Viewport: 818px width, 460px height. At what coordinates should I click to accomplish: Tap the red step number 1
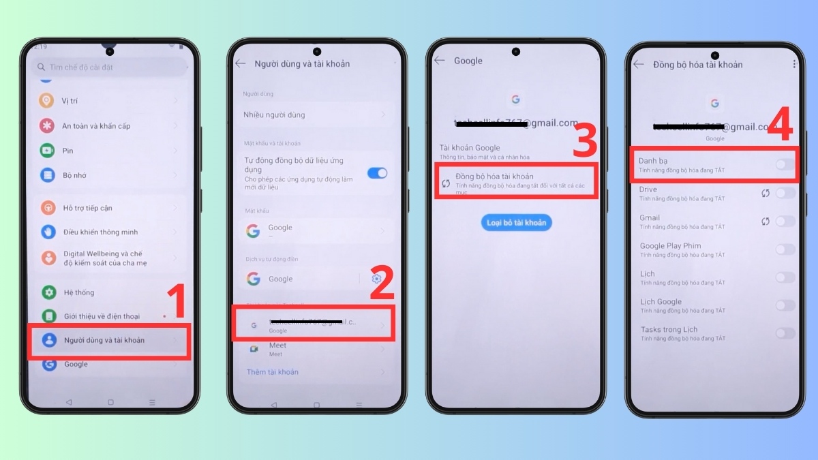pyautogui.click(x=176, y=303)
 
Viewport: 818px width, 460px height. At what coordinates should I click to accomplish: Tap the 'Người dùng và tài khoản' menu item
pyautogui.click(x=104, y=340)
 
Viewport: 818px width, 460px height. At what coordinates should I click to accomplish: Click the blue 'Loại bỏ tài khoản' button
pyautogui.click(x=516, y=223)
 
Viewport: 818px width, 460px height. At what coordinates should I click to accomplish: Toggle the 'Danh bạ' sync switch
pyautogui.click(x=785, y=164)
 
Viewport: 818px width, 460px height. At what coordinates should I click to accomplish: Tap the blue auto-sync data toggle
pyautogui.click(x=377, y=173)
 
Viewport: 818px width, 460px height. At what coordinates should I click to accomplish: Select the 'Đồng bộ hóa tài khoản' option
pyautogui.click(x=494, y=177)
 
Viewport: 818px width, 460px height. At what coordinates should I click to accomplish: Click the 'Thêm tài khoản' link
pyautogui.click(x=272, y=372)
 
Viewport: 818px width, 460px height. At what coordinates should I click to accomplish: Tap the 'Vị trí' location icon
pyautogui.click(x=47, y=101)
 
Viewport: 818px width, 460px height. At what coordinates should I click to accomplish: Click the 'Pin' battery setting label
pyautogui.click(x=67, y=151)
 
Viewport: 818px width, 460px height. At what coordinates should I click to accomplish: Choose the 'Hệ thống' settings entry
pyautogui.click(x=78, y=292)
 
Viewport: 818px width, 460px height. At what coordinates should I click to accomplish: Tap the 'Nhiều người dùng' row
pyautogui.click(x=274, y=115)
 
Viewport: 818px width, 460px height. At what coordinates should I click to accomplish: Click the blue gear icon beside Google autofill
pyautogui.click(x=376, y=279)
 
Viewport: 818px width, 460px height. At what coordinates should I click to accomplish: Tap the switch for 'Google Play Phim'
pyautogui.click(x=785, y=249)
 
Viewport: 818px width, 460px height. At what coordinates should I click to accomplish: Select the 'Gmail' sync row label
pyautogui.click(x=650, y=218)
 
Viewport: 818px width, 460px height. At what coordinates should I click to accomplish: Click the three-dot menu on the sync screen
pyautogui.click(x=794, y=64)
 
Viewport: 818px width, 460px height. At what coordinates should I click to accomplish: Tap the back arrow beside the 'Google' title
pyautogui.click(x=440, y=61)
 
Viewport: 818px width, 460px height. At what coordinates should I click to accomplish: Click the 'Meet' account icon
pyautogui.click(x=254, y=349)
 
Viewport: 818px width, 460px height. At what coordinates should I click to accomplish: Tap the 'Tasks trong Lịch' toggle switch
pyautogui.click(x=785, y=333)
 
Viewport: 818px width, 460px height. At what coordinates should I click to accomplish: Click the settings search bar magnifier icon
pyautogui.click(x=42, y=67)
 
